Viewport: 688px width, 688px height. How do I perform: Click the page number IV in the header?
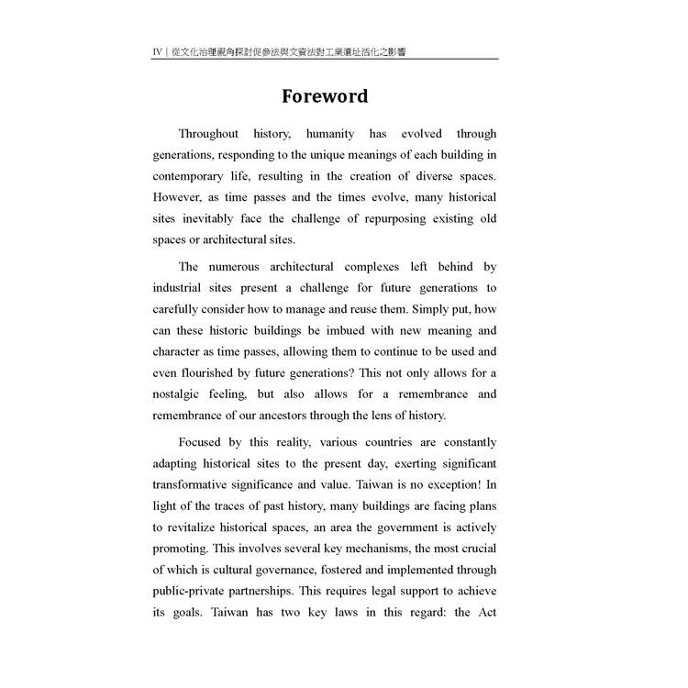pyautogui.click(x=158, y=52)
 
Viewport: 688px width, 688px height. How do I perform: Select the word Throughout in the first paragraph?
pyautogui.click(x=208, y=134)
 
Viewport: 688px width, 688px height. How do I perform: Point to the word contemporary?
pyautogui.click(x=190, y=176)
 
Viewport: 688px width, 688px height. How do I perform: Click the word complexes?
pyautogui.click(x=376, y=267)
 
